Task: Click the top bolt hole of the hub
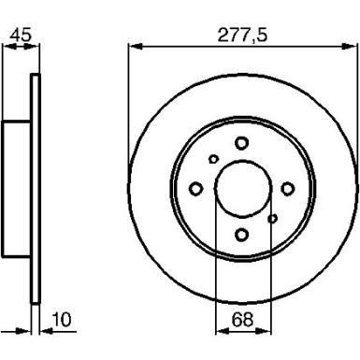(241, 142)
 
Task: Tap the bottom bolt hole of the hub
(241, 235)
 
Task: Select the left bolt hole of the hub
(195, 189)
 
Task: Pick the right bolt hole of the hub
(287, 189)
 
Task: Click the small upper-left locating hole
(212, 159)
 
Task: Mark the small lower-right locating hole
(272, 219)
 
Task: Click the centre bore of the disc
(241, 189)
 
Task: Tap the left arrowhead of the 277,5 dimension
(130, 44)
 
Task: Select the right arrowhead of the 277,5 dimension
(353, 44)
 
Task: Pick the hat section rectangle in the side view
(17, 188)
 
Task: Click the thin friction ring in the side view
(36, 188)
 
